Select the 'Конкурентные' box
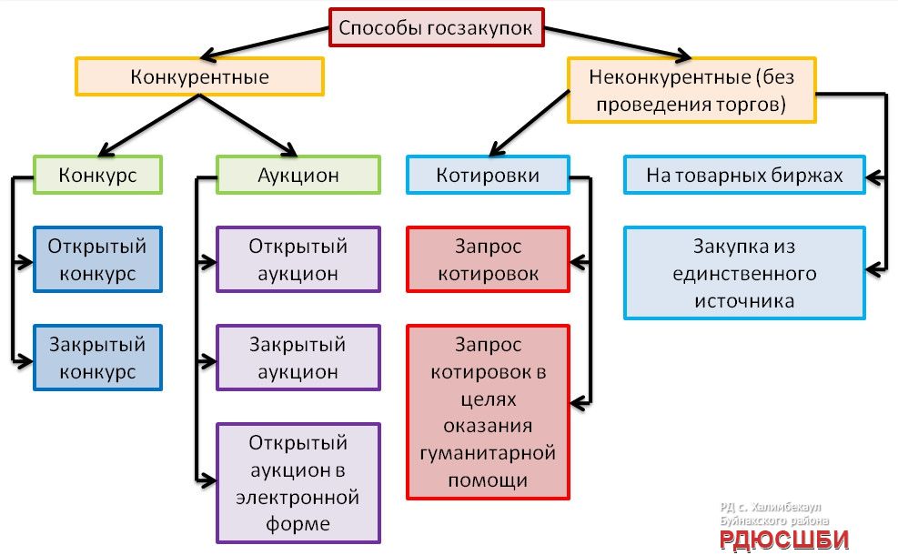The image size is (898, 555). tap(200, 76)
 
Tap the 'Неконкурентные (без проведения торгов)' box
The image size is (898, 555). tap(691, 90)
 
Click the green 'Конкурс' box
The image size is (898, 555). tap(98, 175)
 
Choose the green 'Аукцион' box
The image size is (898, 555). tap(298, 175)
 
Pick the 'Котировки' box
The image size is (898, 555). tap(488, 175)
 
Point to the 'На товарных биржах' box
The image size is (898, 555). tap(744, 175)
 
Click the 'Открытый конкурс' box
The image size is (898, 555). tap(97, 259)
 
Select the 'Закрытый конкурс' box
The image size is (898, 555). tap(97, 358)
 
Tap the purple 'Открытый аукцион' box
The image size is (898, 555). tap(298, 259)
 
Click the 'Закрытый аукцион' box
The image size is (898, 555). tap(298, 358)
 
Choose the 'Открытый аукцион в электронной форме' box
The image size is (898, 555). tap(298, 483)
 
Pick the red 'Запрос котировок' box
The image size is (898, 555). tap(488, 259)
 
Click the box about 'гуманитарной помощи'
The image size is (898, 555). tap(488, 411)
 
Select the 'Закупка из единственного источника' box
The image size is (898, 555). tap(744, 273)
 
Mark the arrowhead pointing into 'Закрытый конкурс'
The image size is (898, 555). tap(25, 358)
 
